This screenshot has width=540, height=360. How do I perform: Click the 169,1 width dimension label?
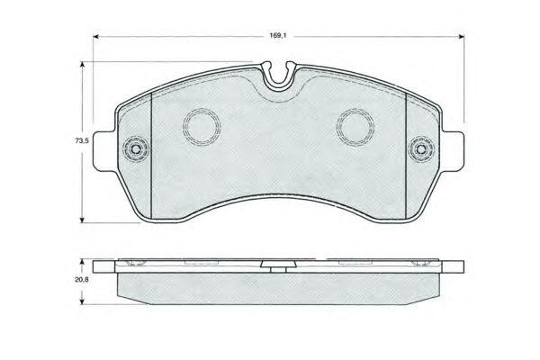point(278,36)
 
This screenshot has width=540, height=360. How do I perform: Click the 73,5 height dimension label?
point(82,140)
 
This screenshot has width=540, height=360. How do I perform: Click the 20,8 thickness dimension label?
point(82,280)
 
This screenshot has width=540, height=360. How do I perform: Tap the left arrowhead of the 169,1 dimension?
point(97,36)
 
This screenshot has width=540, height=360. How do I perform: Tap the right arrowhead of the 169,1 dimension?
point(461,36)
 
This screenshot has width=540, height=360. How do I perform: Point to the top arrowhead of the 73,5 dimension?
point(82,66)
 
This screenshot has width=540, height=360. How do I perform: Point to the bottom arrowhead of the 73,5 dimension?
point(82,219)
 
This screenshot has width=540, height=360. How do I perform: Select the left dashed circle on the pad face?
point(202,127)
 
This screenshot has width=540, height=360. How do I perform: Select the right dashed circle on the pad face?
point(355,127)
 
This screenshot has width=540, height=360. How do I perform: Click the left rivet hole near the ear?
point(136,149)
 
